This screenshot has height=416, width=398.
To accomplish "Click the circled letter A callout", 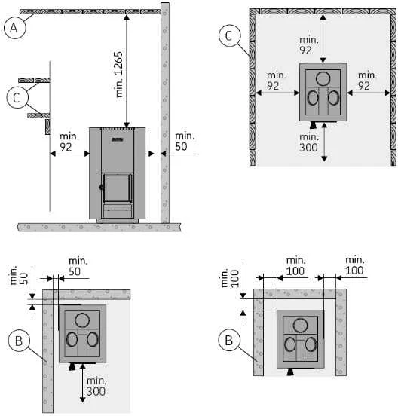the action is (x=14, y=28).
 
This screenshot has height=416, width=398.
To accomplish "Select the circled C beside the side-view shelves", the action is (x=17, y=97).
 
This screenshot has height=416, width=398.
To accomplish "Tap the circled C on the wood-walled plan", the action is (x=229, y=36).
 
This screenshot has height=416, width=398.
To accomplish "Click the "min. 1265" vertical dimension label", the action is (x=119, y=75).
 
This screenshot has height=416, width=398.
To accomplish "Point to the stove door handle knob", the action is (x=101, y=188).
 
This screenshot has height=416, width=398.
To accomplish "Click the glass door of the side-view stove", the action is (x=118, y=188).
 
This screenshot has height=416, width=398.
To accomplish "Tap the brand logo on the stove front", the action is (x=117, y=139).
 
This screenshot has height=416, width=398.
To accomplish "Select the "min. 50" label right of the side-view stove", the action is (x=185, y=142).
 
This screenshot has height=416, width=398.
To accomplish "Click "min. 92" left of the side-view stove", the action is (x=69, y=142).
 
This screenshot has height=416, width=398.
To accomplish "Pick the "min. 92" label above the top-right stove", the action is (x=308, y=45).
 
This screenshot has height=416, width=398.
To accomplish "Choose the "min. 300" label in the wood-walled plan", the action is (x=308, y=142).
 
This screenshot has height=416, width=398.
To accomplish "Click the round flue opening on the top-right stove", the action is (x=323, y=79).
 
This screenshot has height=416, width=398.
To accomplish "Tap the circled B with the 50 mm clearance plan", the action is (x=19, y=341).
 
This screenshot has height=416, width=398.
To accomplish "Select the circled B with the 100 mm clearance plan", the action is (x=229, y=340).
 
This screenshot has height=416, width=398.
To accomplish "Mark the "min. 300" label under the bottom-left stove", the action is (x=96, y=386).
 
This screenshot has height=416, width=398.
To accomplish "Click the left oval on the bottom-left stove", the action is (x=72, y=339).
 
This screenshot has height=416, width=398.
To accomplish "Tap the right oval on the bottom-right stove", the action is (x=311, y=344).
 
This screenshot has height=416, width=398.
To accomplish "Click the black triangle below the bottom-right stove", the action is (x=290, y=372).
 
